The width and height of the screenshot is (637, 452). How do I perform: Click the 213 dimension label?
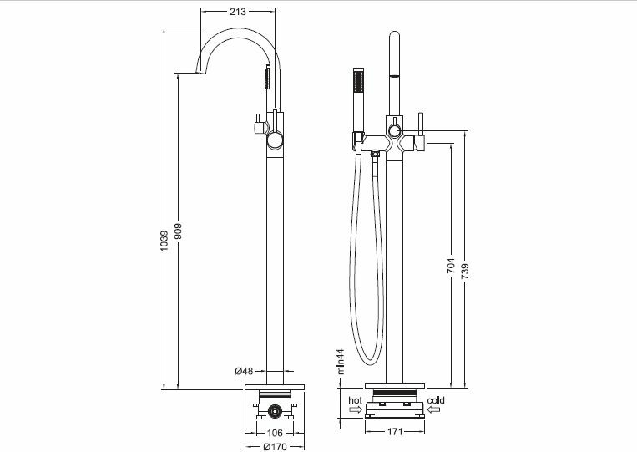tap(238, 12)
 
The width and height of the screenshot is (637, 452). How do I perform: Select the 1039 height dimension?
tap(164, 241)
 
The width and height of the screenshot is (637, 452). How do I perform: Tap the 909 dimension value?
tap(179, 231)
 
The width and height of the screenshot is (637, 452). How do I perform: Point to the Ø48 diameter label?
tap(244, 371)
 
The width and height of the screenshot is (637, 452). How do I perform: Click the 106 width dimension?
tap(274, 434)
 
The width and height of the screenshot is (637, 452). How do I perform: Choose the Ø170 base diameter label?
tap(275, 447)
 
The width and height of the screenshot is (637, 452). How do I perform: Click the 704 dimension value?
tap(452, 266)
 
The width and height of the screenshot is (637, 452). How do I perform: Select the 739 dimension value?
tap(466, 272)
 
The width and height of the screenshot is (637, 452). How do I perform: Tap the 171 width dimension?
tap(394, 432)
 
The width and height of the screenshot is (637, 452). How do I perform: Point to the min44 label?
tap(341, 362)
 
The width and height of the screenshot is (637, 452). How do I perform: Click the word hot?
tap(355, 400)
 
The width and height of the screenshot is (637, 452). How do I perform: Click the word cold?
tap(436, 400)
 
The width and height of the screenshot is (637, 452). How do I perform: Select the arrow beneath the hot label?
tap(355, 409)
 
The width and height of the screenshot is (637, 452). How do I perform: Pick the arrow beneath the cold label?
tap(433, 409)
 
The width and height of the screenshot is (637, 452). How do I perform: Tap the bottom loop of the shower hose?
tap(369, 361)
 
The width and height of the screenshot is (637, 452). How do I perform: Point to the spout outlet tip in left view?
tap(199, 73)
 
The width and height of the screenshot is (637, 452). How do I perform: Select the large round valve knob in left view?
tap(275, 140)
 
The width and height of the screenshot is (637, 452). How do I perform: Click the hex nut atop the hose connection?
tap(375, 154)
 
